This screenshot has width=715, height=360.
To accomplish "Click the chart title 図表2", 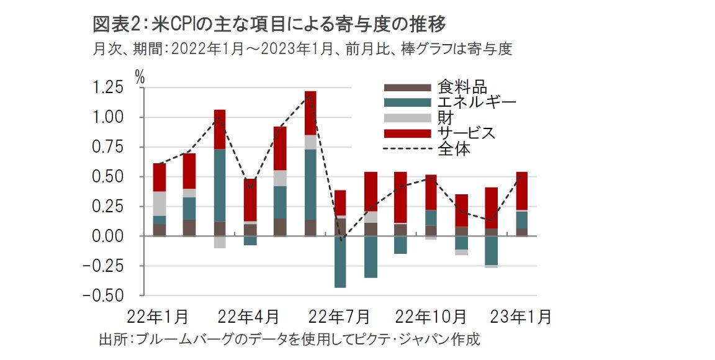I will pyautogui.click(x=115, y=25).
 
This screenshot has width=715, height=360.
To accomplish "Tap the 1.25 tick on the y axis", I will pyautogui.click(x=109, y=88).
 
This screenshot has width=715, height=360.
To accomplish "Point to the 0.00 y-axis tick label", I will pyautogui.click(x=109, y=236).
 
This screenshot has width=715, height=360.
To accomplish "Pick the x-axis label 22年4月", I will pyautogui.click(x=248, y=317).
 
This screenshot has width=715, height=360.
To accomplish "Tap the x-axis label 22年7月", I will pyautogui.click(x=340, y=317).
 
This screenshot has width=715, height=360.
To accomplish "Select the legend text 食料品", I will pyautogui.click(x=462, y=87).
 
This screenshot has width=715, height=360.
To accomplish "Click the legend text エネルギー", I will pyautogui.click(x=476, y=102).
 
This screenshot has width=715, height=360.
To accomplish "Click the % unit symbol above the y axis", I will pyautogui.click(x=140, y=77).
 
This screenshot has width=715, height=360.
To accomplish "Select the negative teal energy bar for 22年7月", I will pyautogui.click(x=340, y=261).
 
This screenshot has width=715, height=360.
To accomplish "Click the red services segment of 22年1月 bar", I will pyautogui.click(x=160, y=178).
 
